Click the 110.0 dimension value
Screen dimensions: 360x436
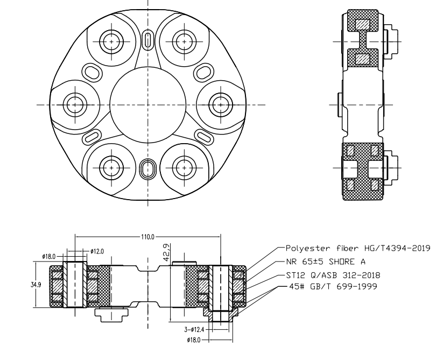(x=148, y=236)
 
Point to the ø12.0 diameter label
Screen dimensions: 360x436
(x=97, y=250)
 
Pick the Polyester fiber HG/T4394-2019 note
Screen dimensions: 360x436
(x=356, y=248)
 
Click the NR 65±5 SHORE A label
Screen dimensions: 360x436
(x=326, y=262)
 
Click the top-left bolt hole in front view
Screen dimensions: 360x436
(x=112, y=41)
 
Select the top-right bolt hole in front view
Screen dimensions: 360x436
(x=184, y=41)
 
